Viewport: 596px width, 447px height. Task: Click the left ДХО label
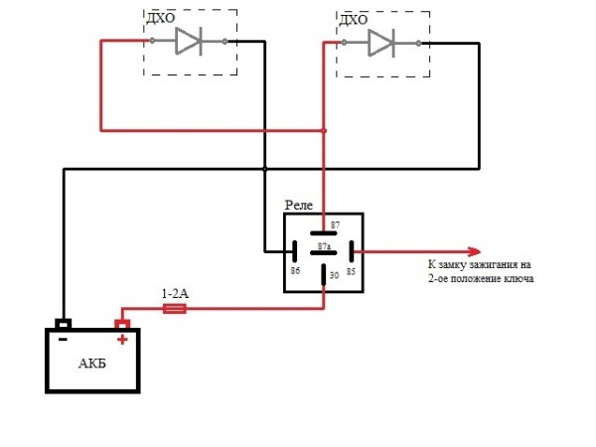coord(160,19)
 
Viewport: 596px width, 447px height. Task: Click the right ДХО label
coord(353,19)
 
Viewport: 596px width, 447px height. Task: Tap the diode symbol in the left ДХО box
coord(189,41)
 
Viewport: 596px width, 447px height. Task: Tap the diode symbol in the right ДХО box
coord(380,42)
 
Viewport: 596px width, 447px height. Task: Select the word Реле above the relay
coord(299,204)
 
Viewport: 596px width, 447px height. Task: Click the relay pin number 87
coord(335,225)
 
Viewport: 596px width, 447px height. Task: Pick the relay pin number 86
coord(295,270)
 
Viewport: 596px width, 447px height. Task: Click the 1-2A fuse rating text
coord(175,294)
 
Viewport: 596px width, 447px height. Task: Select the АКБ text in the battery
coord(92,363)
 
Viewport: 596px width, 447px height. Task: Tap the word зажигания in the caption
coord(490,265)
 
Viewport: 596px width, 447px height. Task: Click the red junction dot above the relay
coord(324,131)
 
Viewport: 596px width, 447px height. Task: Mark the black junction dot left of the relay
coord(264,169)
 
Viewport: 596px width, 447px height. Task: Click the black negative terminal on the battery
coord(63,324)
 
